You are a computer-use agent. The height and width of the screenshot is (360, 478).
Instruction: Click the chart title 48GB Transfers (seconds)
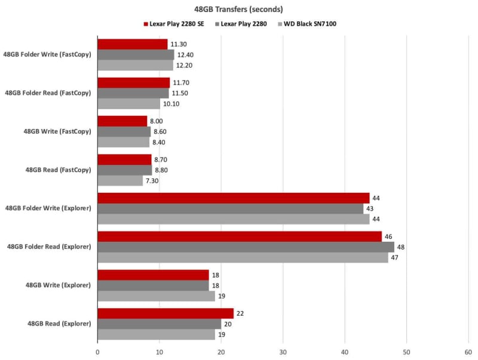238,9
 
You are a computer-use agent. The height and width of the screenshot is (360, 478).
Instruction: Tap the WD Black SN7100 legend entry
308,24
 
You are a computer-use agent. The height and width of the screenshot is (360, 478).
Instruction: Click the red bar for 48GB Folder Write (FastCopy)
133,44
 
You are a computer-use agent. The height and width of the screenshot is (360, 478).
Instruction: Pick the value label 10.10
171,104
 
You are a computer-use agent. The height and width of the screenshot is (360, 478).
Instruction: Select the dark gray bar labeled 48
246,247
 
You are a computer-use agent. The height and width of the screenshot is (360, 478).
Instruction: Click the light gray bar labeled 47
243,257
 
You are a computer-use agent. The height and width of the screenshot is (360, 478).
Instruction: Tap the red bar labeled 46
240,236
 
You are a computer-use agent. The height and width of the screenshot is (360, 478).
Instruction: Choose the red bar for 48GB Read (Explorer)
166,313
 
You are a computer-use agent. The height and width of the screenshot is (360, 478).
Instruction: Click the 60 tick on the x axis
468,352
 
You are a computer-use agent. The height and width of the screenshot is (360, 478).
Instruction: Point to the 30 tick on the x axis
283,352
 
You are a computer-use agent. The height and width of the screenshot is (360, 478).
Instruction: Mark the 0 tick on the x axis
97,352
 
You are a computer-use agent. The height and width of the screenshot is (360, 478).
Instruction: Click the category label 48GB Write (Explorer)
59,285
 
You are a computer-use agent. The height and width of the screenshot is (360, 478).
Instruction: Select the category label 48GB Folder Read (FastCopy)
48,93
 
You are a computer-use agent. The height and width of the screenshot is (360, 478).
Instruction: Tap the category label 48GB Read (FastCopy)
58,170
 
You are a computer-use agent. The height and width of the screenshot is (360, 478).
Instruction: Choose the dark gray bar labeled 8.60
124,131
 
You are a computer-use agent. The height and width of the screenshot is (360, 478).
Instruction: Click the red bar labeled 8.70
124,159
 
